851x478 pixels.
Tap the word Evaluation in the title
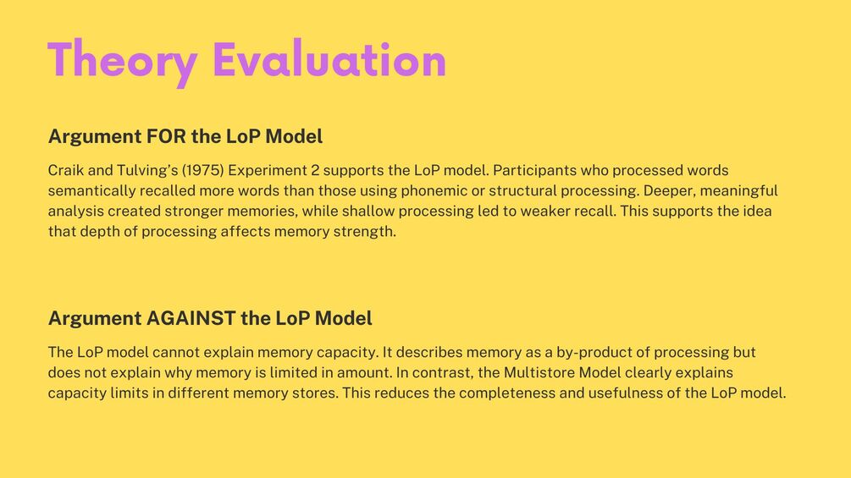[x=329, y=58]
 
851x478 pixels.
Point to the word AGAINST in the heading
[x=191, y=318]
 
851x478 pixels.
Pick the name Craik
[x=66, y=170]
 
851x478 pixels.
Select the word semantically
[x=91, y=190]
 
